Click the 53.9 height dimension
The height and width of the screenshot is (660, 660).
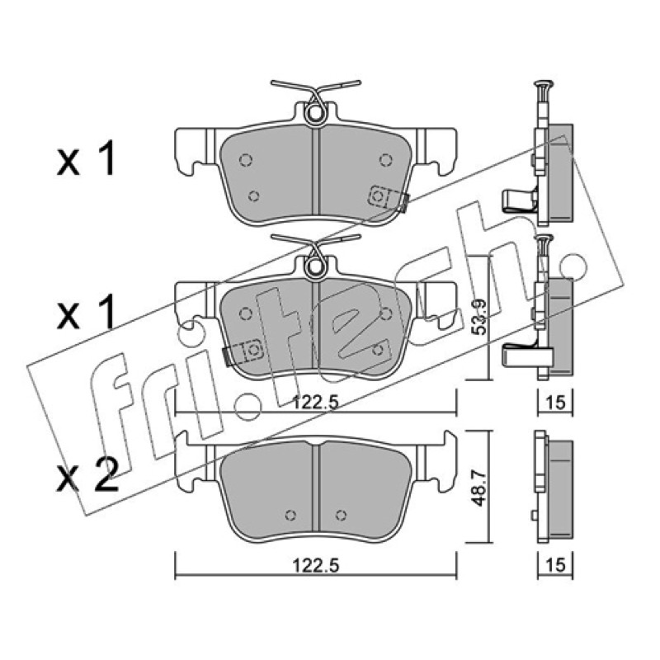coord(479,317)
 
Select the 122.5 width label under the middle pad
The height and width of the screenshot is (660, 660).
coord(316,403)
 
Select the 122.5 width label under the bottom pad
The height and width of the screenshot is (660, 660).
coord(316,565)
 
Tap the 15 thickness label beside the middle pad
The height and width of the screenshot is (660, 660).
coord(555,403)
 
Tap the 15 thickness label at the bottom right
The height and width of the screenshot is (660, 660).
coord(555,565)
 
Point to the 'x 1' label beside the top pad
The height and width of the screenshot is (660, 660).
coord(86,158)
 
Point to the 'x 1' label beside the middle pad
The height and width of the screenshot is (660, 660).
coord(86,312)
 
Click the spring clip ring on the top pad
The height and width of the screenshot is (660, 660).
coord(315,113)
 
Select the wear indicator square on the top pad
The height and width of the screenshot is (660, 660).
coord(379,196)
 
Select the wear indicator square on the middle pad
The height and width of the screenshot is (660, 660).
coord(252,349)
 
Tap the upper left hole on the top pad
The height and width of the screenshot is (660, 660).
coord(246,160)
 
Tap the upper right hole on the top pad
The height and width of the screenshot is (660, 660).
coord(385,159)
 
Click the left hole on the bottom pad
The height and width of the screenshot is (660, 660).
coord(290,515)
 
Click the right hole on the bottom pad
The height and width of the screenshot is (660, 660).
coord(341,515)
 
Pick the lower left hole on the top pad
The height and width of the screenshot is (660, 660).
coord(253,196)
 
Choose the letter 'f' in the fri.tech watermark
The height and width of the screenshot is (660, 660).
coord(111,404)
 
